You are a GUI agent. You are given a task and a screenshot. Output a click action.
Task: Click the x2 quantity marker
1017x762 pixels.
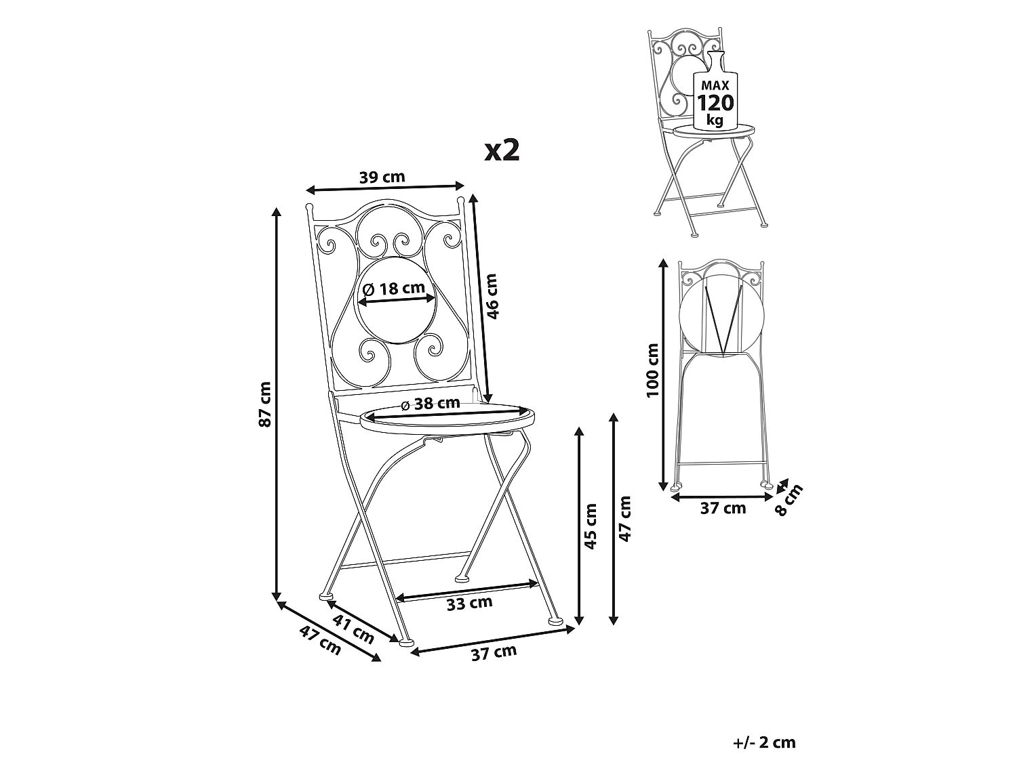coord(502,150)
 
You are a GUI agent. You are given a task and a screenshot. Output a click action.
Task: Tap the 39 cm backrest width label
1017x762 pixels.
coord(382,177)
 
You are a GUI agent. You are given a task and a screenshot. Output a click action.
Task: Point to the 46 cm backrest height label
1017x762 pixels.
coord(492,296)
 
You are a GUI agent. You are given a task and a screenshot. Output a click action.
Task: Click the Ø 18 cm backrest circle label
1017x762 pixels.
coord(394,289)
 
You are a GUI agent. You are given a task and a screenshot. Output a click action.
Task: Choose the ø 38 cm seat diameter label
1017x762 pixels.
coord(431,404)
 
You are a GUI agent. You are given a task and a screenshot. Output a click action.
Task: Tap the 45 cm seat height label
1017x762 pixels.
coord(591,526)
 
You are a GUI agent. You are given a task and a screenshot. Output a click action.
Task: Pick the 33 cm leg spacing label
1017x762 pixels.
coord(469,604)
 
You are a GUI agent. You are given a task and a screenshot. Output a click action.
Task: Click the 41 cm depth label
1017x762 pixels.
coord(353,630)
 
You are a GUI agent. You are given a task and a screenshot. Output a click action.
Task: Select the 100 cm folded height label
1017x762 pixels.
coord(652,370)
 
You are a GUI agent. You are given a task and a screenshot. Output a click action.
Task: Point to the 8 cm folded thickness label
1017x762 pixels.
coord(789,500)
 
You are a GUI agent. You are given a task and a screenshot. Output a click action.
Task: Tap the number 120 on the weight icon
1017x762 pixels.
coord(716,103)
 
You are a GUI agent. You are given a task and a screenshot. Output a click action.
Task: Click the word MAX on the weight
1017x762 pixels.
coord(715,85)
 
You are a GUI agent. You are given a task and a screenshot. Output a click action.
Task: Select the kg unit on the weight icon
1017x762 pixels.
coord(715,121)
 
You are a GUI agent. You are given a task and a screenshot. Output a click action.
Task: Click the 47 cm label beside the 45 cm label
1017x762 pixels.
coord(626,519)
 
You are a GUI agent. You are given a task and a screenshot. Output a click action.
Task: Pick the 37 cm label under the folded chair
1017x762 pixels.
coord(723,509)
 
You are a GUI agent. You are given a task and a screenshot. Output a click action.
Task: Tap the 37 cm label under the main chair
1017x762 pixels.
coord(494,653)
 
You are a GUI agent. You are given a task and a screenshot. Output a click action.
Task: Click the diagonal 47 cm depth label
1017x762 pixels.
coord(320,640)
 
